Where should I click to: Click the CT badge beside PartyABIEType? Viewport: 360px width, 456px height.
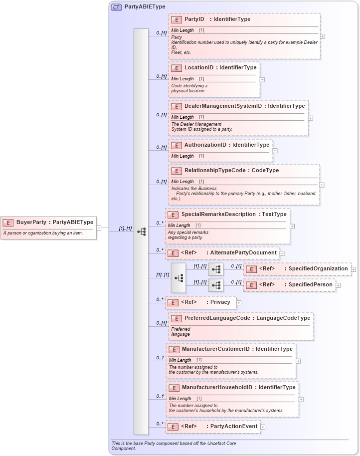point(116,7)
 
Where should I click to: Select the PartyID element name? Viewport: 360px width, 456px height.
point(194,19)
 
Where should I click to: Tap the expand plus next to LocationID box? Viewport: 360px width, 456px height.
point(262,79)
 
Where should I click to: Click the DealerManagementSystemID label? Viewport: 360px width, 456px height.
point(223,106)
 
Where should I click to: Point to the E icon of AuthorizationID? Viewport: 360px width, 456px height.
point(176,145)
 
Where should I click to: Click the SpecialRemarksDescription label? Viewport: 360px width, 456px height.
point(218,215)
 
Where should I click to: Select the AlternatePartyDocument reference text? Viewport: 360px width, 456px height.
point(243,253)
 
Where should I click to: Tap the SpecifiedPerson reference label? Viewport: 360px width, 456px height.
point(310,285)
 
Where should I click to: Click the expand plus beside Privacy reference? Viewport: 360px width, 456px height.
point(239,302)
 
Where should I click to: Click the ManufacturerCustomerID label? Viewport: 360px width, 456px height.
point(215,349)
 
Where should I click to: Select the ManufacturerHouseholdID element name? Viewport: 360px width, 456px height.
point(217,388)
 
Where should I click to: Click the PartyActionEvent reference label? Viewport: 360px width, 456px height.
point(233,427)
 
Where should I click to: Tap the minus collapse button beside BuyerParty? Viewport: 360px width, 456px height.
point(99,228)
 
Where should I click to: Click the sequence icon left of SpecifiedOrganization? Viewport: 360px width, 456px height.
point(216,269)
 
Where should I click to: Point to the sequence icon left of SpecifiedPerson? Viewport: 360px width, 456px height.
point(216,285)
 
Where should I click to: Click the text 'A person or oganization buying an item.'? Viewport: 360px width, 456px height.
point(43,233)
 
